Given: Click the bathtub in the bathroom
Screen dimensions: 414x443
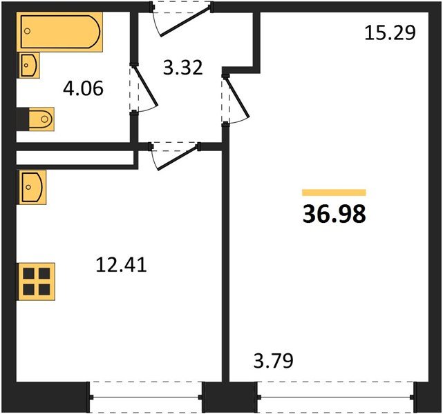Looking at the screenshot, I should pyautogui.click(x=62, y=31).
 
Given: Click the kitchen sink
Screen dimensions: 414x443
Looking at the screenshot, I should pyautogui.click(x=32, y=187).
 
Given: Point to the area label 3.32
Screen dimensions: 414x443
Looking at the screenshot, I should pyautogui.click(x=182, y=68).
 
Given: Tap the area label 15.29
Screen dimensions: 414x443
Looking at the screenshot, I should pyautogui.click(x=390, y=32).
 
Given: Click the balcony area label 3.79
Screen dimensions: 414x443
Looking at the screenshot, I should pyautogui.click(x=273, y=360).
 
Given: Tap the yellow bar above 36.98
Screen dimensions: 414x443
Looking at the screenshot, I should pyautogui.click(x=334, y=193).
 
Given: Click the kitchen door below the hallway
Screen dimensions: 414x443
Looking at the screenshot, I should pyautogui.click(x=174, y=155).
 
